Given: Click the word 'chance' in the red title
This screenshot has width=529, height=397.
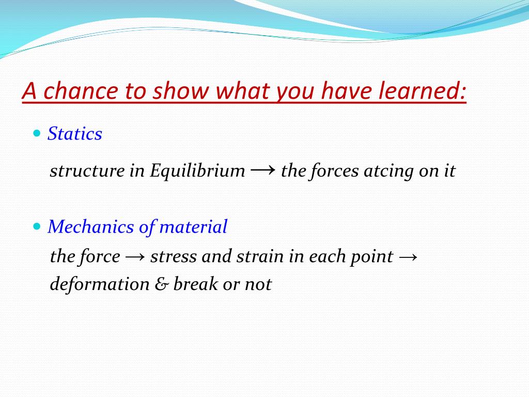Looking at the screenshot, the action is [81, 90].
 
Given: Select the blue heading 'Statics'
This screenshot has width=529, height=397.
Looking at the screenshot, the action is [74, 133].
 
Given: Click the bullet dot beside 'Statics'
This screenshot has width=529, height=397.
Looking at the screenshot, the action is [37, 133].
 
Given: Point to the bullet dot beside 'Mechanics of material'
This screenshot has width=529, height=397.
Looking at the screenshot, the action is [37, 226].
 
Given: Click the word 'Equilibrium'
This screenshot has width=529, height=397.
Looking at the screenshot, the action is [197, 171].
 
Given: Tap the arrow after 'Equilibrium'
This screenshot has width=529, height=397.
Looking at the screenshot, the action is [263, 169].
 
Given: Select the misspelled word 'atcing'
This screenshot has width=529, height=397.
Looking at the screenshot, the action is [388, 171].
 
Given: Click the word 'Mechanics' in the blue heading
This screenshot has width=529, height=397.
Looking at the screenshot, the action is [91, 226].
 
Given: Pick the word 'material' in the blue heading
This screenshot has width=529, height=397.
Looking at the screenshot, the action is [193, 226].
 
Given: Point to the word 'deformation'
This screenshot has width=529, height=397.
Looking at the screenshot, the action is [100, 284].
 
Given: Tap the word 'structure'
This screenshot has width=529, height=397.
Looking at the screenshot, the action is [87, 171].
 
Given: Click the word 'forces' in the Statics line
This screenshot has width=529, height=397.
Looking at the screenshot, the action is [334, 171].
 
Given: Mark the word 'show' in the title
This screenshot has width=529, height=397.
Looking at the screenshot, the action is [181, 90].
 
